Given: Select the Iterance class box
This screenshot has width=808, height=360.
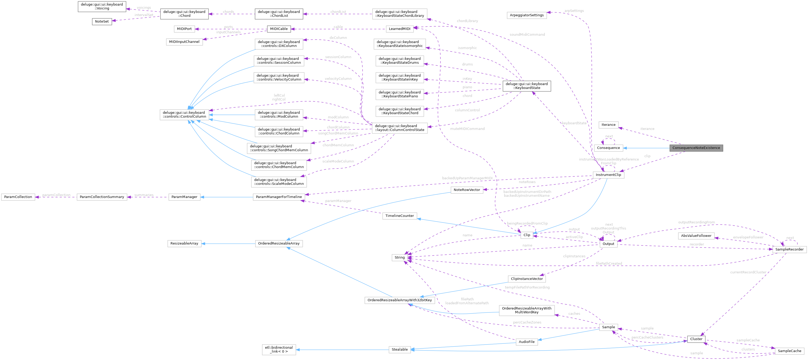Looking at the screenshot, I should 608,125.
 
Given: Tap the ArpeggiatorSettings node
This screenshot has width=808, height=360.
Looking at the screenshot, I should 527,15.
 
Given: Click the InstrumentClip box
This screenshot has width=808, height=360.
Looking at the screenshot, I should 608,175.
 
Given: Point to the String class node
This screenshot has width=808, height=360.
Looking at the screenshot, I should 399,257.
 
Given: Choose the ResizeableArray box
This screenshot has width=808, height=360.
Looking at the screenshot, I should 184,243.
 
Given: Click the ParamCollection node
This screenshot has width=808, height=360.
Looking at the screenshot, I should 18,197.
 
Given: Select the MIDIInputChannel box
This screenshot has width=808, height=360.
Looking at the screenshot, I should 184,42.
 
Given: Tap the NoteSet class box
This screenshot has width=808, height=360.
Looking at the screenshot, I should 102,21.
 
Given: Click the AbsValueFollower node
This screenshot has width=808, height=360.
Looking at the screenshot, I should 696,236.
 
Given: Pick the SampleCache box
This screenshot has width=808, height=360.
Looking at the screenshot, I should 789,351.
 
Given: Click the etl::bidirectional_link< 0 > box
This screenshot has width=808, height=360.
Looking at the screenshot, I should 279,349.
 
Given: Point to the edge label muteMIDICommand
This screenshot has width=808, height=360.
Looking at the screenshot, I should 467,129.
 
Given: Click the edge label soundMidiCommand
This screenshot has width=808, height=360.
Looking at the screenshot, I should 527,34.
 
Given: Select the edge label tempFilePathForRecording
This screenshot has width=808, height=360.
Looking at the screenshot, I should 527,287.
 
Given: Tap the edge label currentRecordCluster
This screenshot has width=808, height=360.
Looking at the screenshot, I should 748,272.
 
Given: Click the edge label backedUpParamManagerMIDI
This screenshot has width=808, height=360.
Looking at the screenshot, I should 467,178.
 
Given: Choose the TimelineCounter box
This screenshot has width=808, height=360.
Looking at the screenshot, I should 399,216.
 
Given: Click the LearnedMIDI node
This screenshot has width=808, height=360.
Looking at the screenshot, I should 399,29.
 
